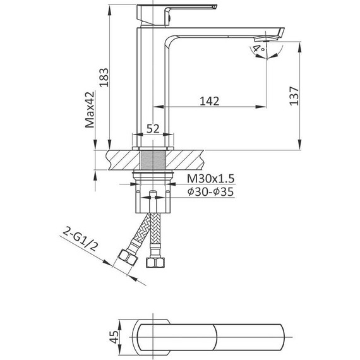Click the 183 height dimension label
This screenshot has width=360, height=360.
pos(104,78)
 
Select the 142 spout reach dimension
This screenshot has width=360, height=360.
pos(210,101)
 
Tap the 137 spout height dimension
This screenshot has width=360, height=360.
pos(294,96)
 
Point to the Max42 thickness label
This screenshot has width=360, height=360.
pos(90,109)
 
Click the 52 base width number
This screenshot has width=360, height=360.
pos(153,129)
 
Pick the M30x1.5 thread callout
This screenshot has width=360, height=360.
pos(210,178)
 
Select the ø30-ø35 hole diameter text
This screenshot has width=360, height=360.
pos(210,192)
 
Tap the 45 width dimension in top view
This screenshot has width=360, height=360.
pos(114,337)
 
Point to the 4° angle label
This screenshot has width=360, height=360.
pos(258,49)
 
